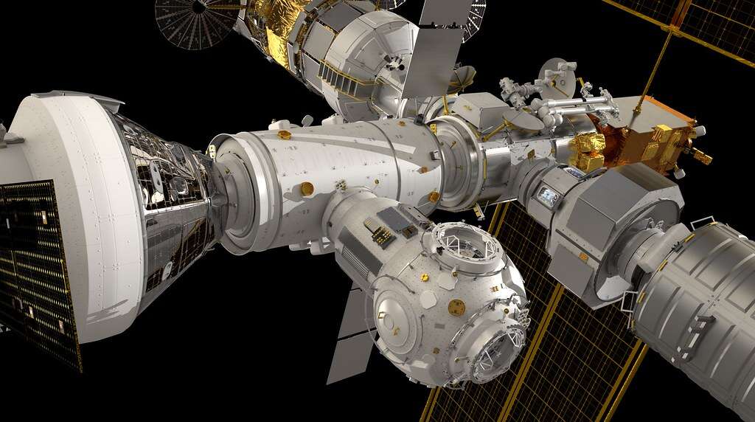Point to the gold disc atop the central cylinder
click(285, 135)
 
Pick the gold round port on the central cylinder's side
click(307, 189)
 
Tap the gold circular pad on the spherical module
click(457, 307)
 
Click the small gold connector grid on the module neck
click(382, 235)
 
